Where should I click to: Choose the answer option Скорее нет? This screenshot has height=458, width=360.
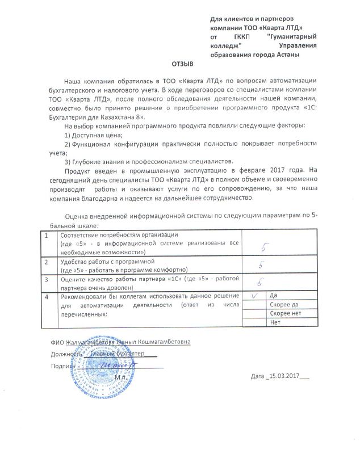(285, 314)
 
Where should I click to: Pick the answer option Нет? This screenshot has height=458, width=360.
(277, 322)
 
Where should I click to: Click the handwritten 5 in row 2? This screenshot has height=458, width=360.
(260, 264)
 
